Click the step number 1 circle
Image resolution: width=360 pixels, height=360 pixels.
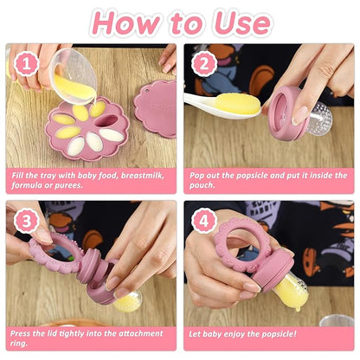[x=26, y=63]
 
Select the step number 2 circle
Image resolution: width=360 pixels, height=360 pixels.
[x=204, y=63]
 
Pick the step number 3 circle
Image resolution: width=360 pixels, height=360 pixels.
[x=26, y=220]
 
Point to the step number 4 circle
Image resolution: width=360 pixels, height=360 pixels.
[x=204, y=220]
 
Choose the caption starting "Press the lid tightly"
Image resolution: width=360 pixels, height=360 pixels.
[x=91, y=337]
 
